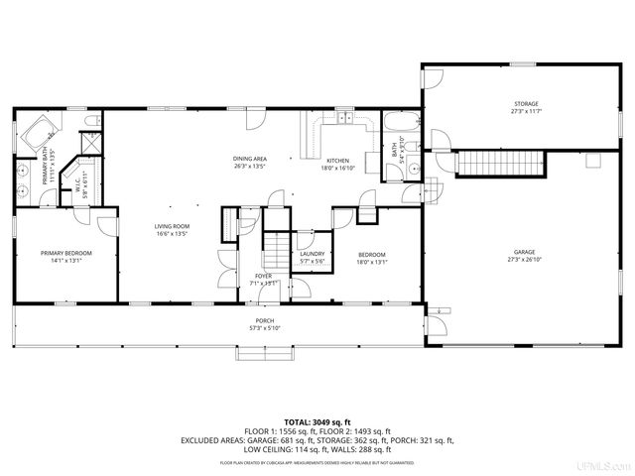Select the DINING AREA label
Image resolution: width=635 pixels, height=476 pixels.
point(250,159)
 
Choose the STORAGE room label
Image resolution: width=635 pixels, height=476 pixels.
point(526,104)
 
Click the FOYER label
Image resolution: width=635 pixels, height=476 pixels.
point(263,276)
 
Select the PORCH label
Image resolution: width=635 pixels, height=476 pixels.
point(265,320)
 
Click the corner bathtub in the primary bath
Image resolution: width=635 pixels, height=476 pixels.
point(38,130)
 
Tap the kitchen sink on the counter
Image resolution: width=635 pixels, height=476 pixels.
point(344,120)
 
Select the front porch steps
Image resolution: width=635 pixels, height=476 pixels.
point(265,353)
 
